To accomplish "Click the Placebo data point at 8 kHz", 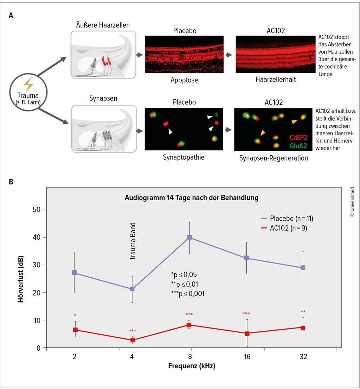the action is pos(189,238).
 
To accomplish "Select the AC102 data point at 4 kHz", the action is pos(133,340).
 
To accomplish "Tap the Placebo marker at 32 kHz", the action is pos(303,268).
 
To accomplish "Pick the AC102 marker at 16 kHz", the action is pos(247,334).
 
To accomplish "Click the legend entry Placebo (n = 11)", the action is pos(287,218).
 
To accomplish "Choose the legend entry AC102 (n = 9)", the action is pos(284,228).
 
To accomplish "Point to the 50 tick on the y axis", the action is pos(36,210).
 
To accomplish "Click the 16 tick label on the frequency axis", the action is pos(247,357).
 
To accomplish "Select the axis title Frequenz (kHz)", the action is pos(192,366).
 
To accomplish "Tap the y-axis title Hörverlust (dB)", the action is pos(21,279).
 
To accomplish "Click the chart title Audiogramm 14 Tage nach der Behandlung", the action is pos(191,198).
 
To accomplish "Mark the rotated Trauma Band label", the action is pos(133,241).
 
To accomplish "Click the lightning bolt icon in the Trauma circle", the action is pos(28,84).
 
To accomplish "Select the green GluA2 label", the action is pos(298,145).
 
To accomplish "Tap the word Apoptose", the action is pos(184,80).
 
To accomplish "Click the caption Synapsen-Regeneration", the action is pos(274,158).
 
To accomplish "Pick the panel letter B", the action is pos(11,182).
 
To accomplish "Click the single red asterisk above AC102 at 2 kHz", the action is pos(75,315).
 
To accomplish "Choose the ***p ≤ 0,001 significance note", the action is pos(188,293).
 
